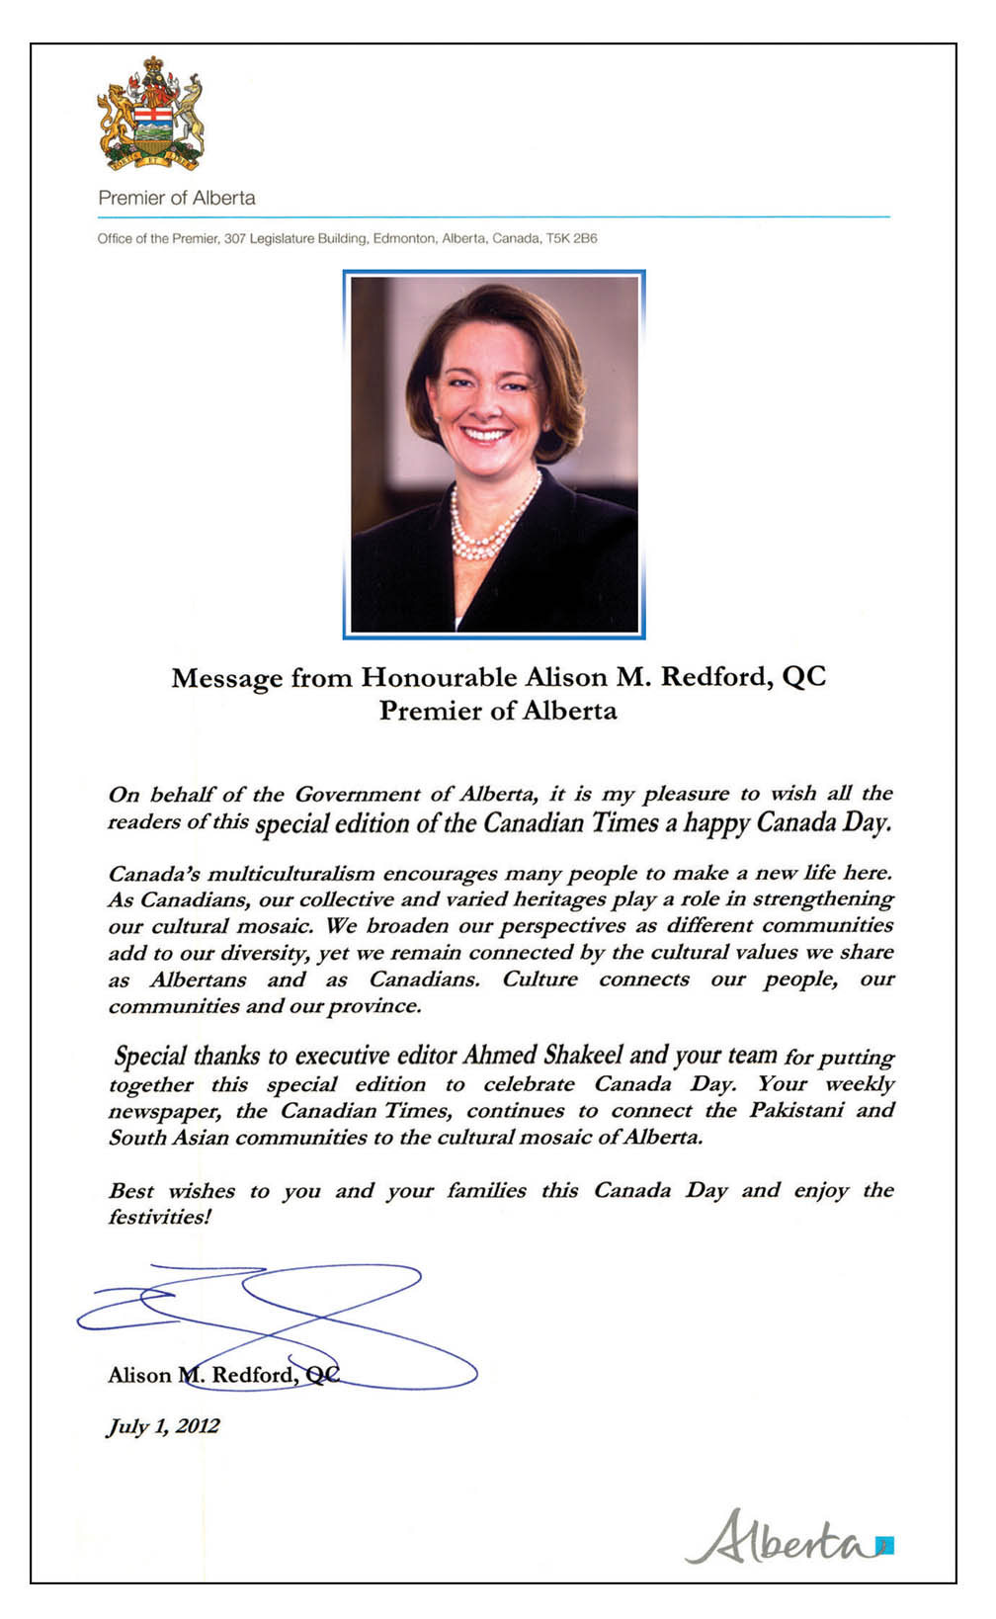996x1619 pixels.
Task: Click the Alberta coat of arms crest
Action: tap(151, 114)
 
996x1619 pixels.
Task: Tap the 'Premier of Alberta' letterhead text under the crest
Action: tap(177, 198)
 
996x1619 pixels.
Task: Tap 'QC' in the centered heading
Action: tap(803, 677)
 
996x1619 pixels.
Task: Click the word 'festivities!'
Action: tap(160, 1218)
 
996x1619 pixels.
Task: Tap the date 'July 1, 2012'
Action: tap(163, 1426)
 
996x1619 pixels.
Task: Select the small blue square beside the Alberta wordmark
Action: tap(885, 1544)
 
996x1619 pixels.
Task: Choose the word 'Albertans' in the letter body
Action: tap(198, 980)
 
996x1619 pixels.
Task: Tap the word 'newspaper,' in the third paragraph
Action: tap(164, 1111)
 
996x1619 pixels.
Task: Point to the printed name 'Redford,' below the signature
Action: tap(253, 1375)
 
